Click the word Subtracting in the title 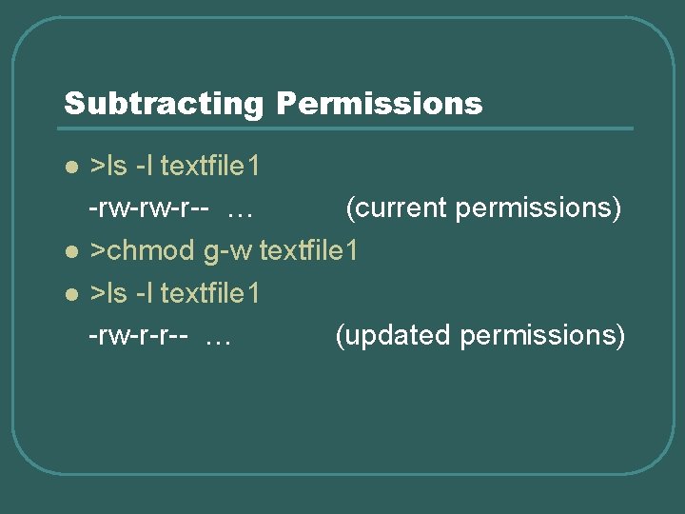tap(163, 104)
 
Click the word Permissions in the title tap(379, 104)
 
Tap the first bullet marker tap(70, 168)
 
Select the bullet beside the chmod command tap(70, 253)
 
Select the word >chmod tap(142, 251)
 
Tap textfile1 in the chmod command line tap(309, 251)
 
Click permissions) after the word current tap(538, 209)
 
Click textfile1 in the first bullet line tap(210, 167)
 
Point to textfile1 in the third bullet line tap(210, 293)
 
